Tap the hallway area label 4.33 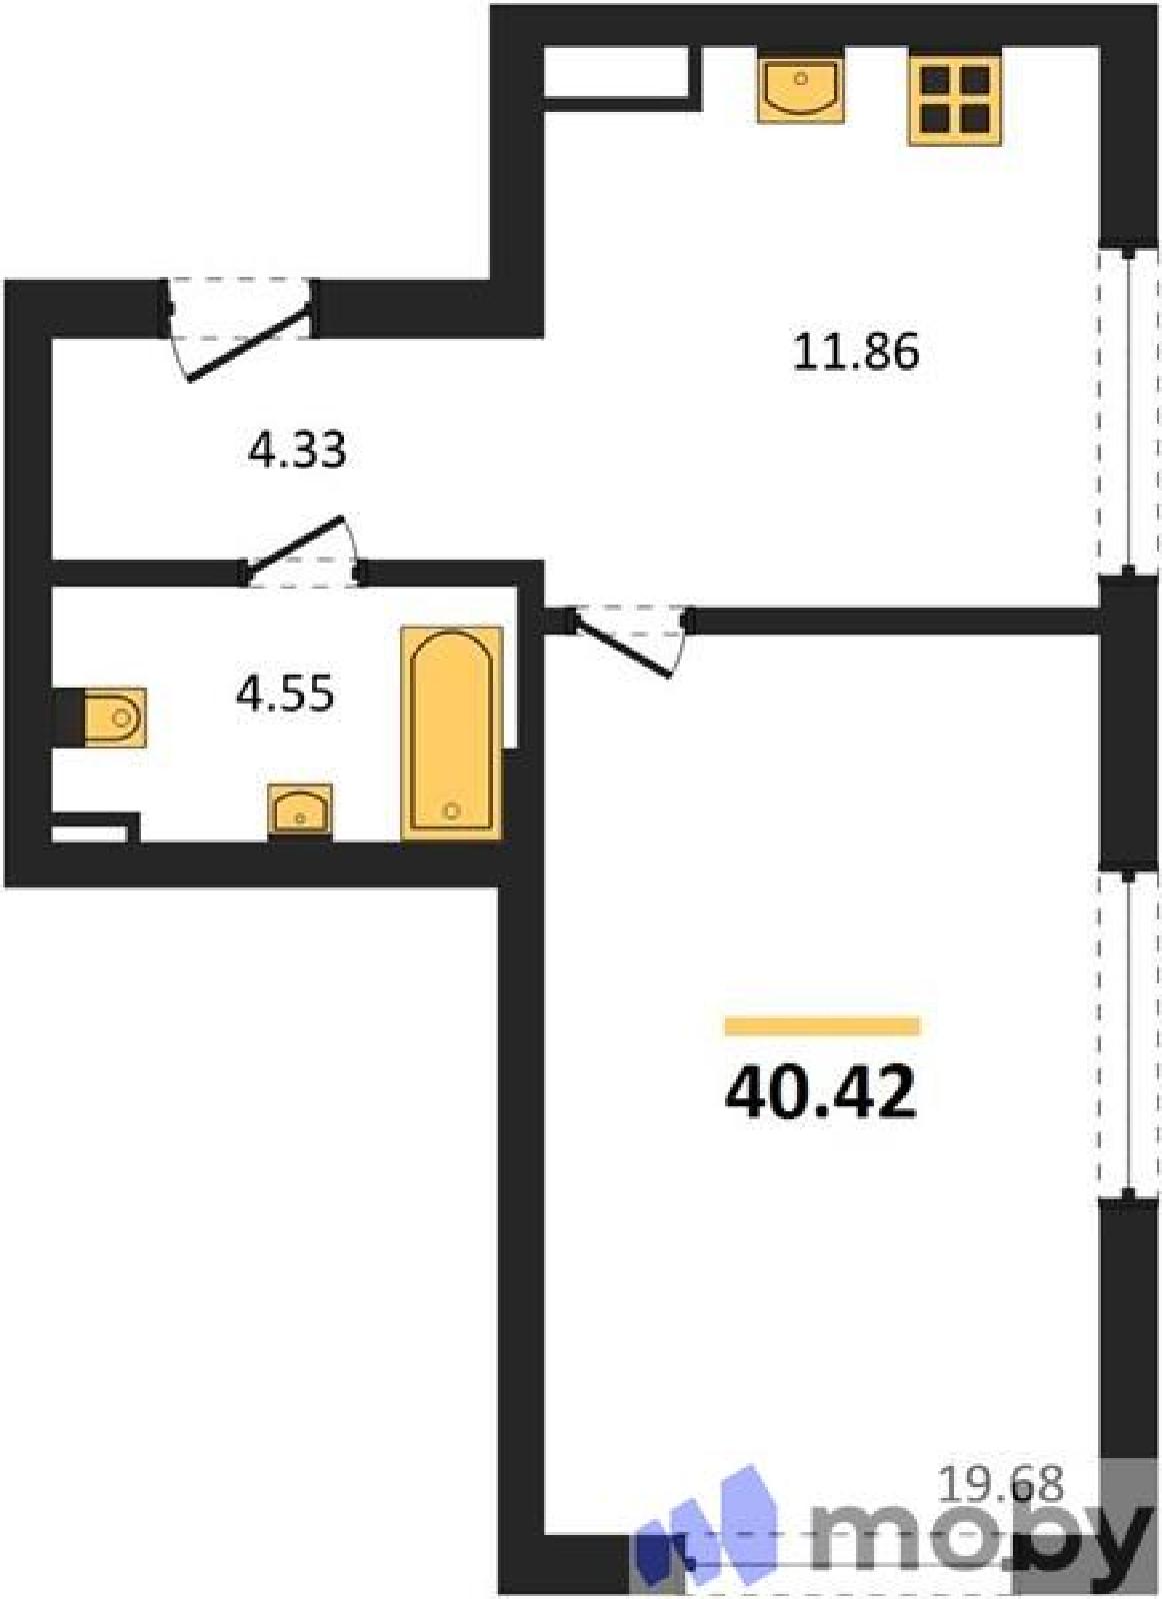pyautogui.click(x=297, y=451)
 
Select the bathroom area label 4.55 pyautogui.click(x=285, y=694)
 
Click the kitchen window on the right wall pyautogui.click(x=1128, y=410)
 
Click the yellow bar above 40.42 pyautogui.click(x=822, y=1025)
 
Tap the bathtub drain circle pyautogui.click(x=451, y=810)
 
